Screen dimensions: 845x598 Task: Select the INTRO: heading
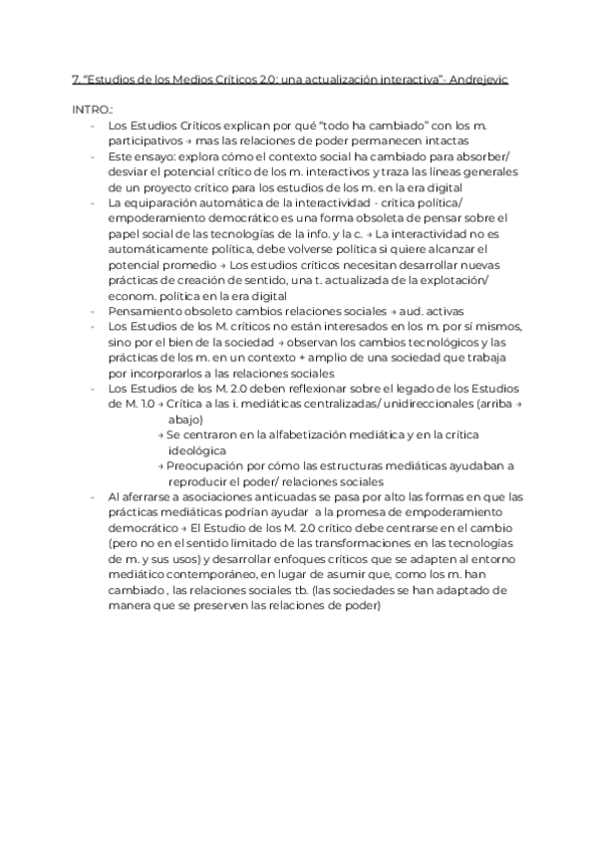tap(93, 109)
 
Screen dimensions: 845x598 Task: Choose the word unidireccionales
tap(425, 405)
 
